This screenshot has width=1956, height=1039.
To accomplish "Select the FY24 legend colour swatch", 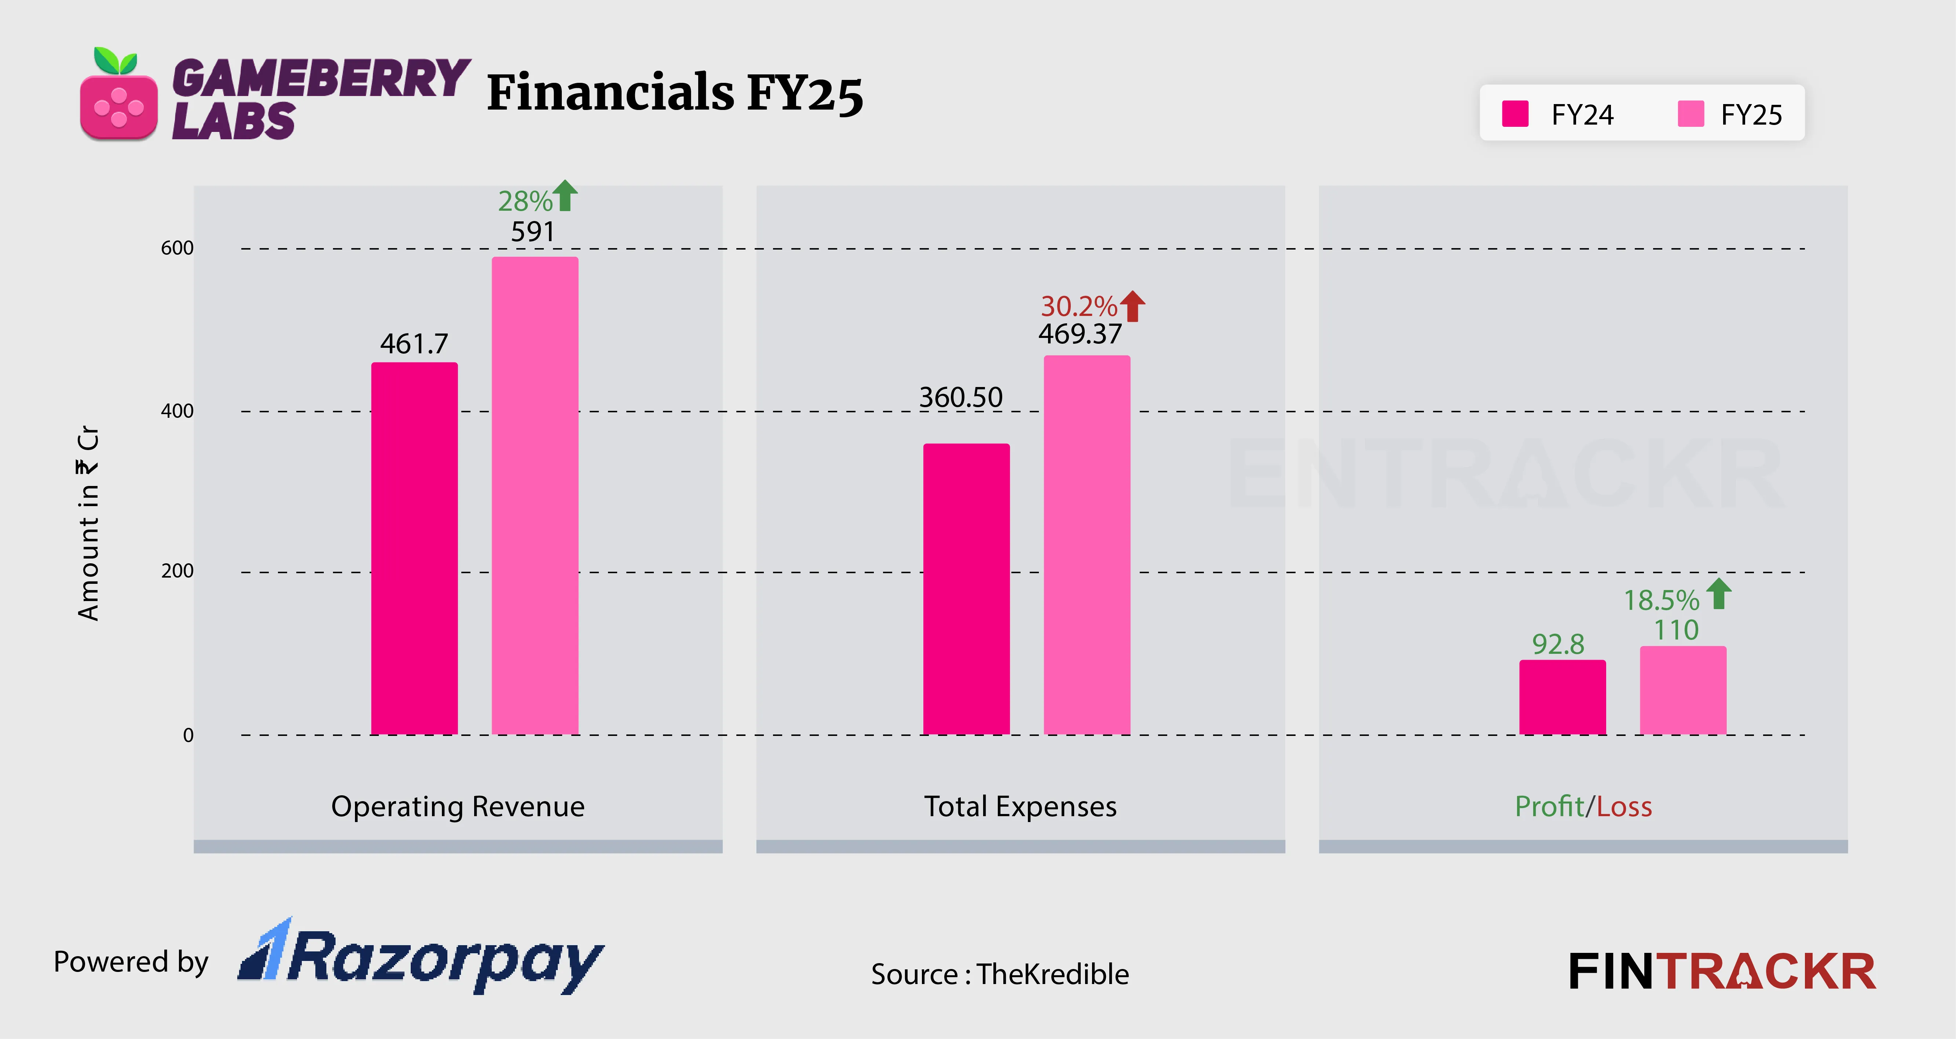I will click(1515, 114).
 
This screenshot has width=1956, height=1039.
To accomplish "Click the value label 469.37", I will click(1080, 334).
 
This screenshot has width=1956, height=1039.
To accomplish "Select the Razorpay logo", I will click(421, 958).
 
